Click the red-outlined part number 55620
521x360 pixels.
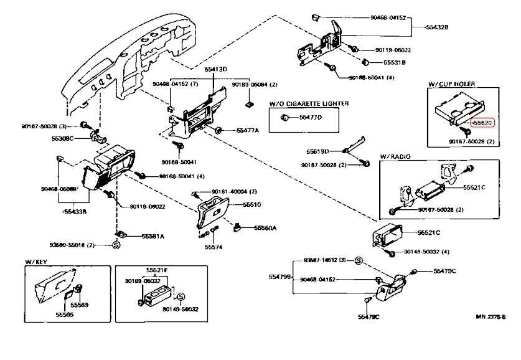[x=482, y=123]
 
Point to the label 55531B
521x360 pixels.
[x=394, y=62]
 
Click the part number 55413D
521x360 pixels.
[x=215, y=69]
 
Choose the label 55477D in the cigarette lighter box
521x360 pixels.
[x=311, y=117]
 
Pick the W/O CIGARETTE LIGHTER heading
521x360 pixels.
[x=309, y=103]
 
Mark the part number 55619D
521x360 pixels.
[x=317, y=151]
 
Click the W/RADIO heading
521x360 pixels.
[x=395, y=156]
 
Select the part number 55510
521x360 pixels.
[x=251, y=204]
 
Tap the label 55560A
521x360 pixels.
[x=265, y=228]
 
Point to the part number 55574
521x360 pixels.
[x=213, y=247]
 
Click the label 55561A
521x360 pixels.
[x=153, y=236]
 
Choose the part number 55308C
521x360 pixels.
[x=63, y=138]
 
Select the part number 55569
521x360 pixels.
[x=79, y=305]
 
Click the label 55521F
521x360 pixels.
[x=157, y=270]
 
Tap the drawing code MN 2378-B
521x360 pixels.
[x=491, y=317]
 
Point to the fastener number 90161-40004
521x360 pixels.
[x=229, y=191]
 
